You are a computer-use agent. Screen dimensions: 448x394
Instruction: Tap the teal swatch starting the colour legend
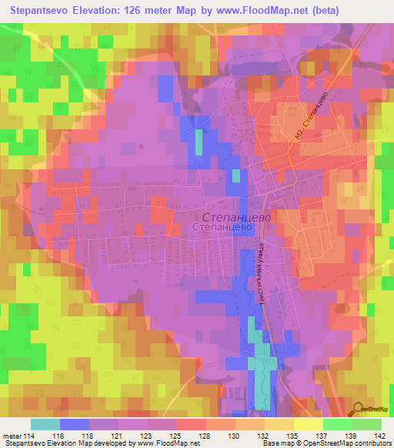tap(45, 424)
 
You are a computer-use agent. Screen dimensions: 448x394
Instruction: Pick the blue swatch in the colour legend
tap(74, 424)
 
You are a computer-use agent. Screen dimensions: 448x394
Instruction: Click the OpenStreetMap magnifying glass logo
tap(359, 409)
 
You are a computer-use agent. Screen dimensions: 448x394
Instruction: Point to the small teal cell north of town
tap(199, 142)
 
